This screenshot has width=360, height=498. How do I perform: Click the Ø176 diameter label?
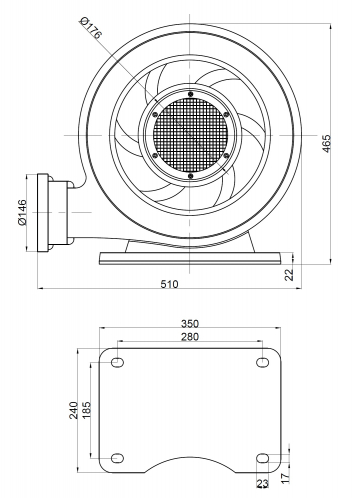coord(91,29)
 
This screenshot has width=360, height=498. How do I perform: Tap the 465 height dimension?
coord(327,144)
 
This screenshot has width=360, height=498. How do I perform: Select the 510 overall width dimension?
coord(170,284)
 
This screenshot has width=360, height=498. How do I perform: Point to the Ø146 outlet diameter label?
coord(22,212)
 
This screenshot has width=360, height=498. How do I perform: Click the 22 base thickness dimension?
coord(290,275)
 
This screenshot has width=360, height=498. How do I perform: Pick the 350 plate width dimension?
coord(190,324)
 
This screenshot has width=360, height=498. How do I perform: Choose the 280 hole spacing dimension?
coord(190,337)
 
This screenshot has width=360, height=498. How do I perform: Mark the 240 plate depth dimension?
coord(74,410)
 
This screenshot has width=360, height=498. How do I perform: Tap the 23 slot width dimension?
coord(262,483)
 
